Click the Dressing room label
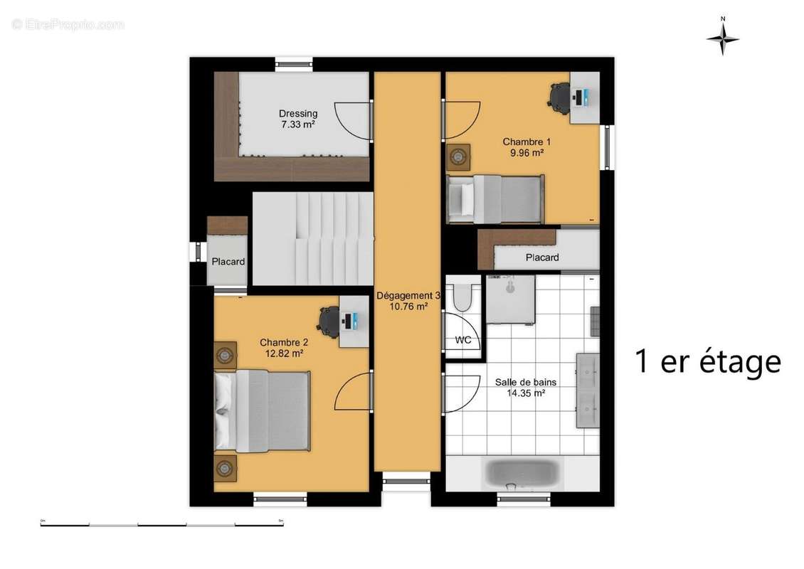click(298, 113)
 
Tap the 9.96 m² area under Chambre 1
click(527, 152)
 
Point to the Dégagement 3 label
click(408, 295)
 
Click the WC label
click(463, 340)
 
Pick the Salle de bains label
click(526, 382)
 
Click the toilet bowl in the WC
click(463, 297)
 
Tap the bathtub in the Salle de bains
click(522, 473)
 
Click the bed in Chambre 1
click(495, 198)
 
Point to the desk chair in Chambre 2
click(329, 319)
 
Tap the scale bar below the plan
click(162, 524)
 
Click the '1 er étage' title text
click(707, 361)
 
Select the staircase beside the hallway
click(313, 238)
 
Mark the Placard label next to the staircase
click(228, 262)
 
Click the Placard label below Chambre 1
click(542, 257)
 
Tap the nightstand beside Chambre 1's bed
click(458, 155)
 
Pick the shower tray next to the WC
click(509, 299)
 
